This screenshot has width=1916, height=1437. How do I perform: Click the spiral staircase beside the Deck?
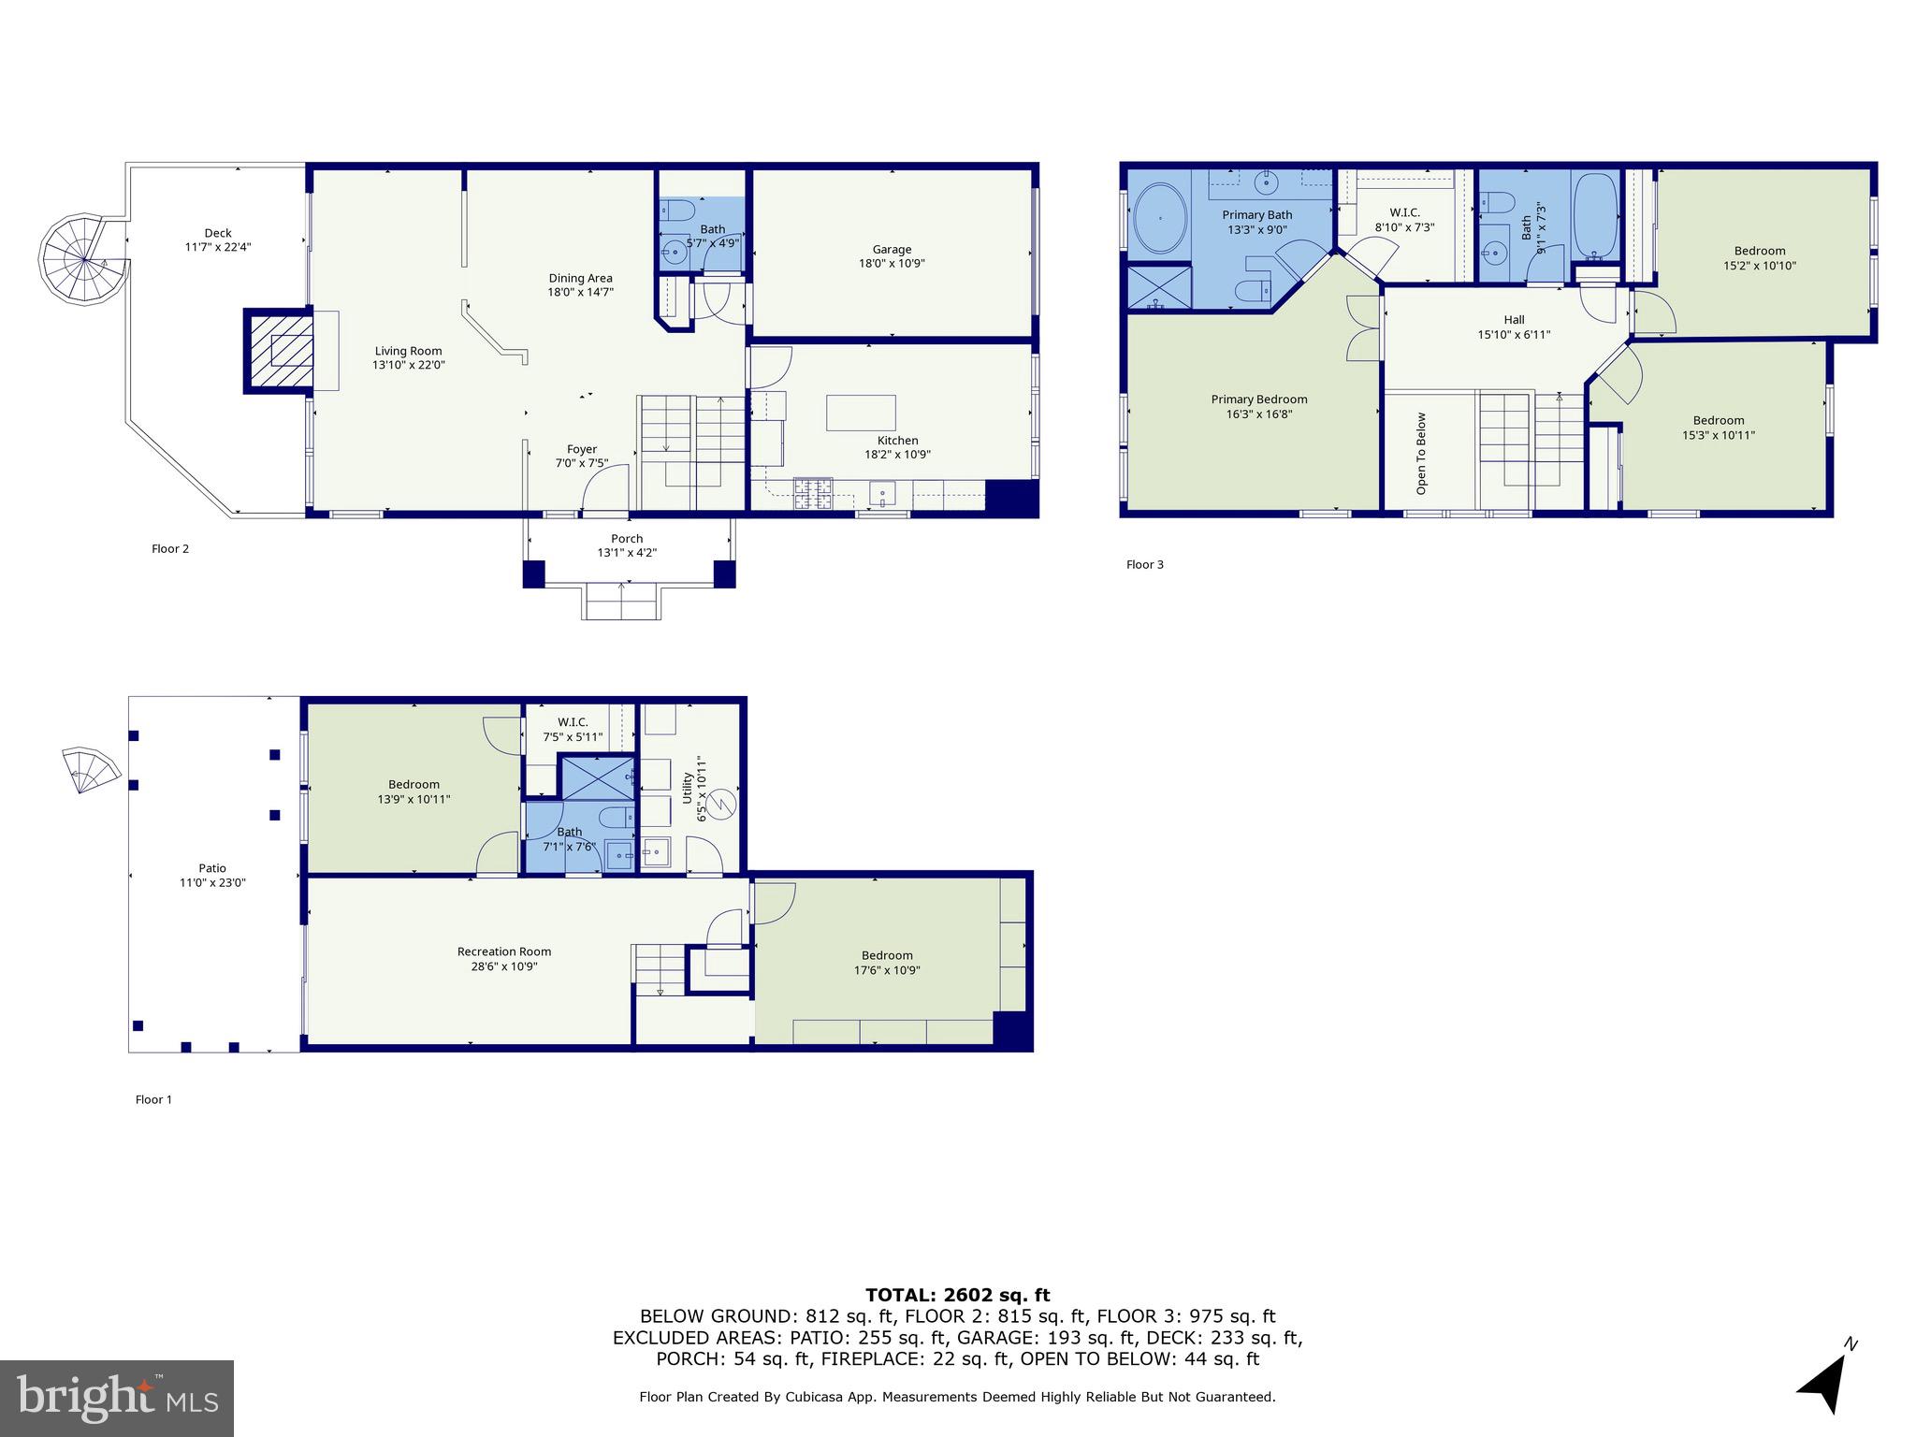[82, 260]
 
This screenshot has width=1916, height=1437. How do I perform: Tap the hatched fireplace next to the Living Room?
[279, 351]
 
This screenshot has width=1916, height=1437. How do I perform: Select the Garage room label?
[892, 250]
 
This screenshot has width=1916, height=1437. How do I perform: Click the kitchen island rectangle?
[861, 413]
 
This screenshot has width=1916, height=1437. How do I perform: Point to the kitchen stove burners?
[813, 493]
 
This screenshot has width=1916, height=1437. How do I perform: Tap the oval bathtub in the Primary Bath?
[1160, 218]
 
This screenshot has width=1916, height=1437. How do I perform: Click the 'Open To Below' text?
[1421, 454]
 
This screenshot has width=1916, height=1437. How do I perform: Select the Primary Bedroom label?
[1258, 399]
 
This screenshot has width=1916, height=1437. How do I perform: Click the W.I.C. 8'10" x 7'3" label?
[1404, 220]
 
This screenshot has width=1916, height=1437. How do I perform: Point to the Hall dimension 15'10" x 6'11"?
[1514, 334]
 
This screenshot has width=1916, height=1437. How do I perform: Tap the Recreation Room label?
[504, 951]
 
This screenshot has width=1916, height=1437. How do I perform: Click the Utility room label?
[688, 788]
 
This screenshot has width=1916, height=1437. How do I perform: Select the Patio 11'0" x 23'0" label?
[212, 875]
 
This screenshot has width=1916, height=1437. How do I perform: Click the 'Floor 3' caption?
[1144, 564]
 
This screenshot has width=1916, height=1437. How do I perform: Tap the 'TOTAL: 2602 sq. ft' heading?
[957, 1295]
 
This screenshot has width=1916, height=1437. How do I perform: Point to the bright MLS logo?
[117, 1398]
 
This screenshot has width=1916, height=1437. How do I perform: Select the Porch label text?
[627, 539]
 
